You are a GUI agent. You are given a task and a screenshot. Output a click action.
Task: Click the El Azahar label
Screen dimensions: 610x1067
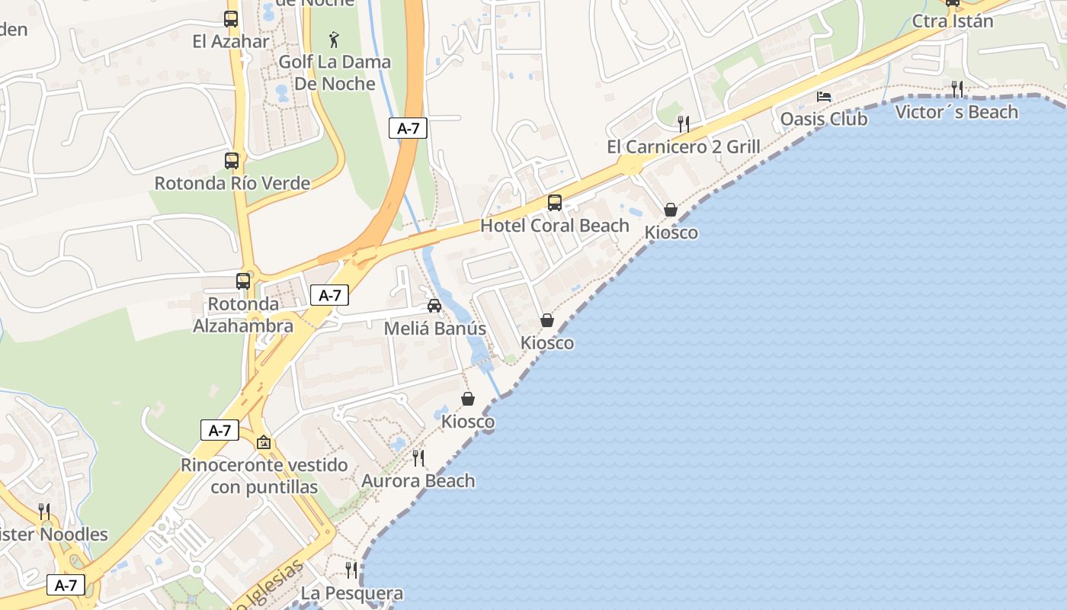[231, 41]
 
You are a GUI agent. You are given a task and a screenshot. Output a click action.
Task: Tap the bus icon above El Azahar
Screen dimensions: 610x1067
[231, 19]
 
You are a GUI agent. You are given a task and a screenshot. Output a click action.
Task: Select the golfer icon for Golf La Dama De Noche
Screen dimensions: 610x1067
[334, 39]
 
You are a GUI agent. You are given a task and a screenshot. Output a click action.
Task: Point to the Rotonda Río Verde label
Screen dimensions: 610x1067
[232, 183]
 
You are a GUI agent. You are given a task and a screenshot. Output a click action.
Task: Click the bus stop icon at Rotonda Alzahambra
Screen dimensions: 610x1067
[243, 281]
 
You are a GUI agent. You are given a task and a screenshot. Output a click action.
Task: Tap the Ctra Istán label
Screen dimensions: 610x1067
[953, 21]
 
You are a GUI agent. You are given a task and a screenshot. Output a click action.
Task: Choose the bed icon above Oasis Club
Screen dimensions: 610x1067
[824, 97]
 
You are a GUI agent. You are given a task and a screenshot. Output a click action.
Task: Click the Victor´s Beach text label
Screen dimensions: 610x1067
[956, 112]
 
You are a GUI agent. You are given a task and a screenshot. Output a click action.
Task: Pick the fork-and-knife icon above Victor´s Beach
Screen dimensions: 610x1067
[957, 89]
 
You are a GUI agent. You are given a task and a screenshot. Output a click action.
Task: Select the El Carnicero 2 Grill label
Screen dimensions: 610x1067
[684, 146]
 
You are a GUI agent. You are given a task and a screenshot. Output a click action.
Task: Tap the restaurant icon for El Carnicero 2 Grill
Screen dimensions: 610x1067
[684, 124]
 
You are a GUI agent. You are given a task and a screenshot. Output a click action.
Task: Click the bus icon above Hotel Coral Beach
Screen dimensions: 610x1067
[555, 203]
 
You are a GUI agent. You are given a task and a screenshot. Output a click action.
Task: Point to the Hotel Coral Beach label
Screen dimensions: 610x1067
[555, 226]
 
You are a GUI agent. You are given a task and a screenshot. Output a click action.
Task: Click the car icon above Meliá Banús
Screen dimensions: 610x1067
[434, 306]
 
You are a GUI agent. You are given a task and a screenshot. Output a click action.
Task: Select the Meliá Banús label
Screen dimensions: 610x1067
[434, 329]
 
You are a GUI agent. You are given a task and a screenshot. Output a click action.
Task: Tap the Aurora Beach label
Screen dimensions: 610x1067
[418, 480]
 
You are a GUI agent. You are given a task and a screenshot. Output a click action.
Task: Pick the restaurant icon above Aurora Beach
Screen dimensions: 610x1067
[418, 457]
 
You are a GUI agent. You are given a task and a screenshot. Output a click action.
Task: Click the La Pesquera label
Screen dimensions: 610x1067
[351, 592]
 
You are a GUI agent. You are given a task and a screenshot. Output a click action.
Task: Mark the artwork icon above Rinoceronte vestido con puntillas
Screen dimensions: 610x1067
[264, 442]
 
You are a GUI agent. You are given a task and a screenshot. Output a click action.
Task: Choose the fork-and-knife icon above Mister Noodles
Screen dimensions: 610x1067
[44, 511]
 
